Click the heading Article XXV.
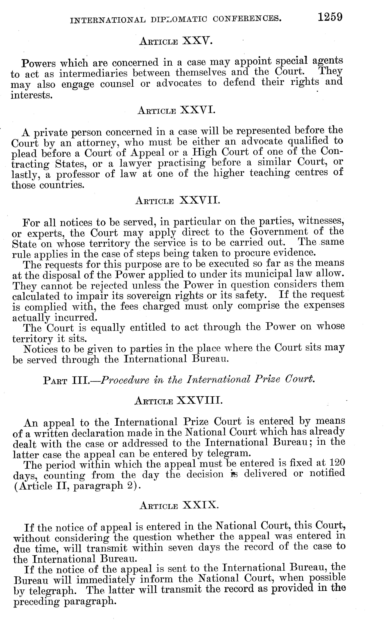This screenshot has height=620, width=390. (176, 41)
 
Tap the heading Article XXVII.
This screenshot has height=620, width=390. (178, 200)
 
